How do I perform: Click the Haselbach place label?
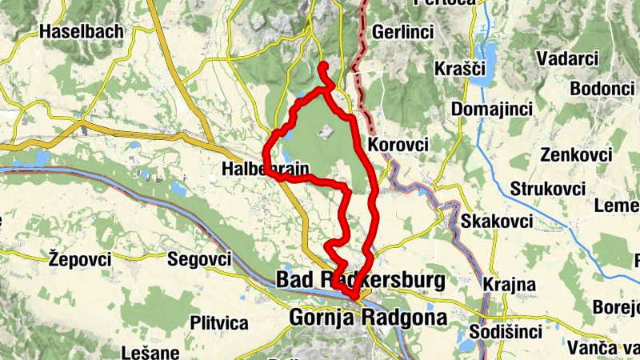tap(82, 32)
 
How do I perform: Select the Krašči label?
tap(460, 69)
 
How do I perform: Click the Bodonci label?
tap(599, 88)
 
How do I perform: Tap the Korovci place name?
tap(398, 145)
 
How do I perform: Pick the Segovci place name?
tap(199, 258)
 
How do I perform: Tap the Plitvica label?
tap(219, 322)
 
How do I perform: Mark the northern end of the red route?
tap(322, 65)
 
